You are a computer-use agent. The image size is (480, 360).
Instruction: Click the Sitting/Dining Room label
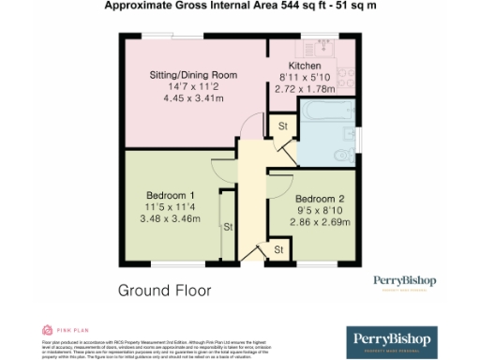point(194,74)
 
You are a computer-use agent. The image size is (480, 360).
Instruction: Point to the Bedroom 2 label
point(320,199)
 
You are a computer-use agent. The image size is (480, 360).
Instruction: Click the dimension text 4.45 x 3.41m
point(194,97)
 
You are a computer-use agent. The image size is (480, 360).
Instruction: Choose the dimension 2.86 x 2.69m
point(320,223)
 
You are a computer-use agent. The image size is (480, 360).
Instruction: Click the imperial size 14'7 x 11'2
point(194,86)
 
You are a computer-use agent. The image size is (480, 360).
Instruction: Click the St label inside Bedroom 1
point(226,226)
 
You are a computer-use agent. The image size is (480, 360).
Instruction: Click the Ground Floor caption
point(164,290)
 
